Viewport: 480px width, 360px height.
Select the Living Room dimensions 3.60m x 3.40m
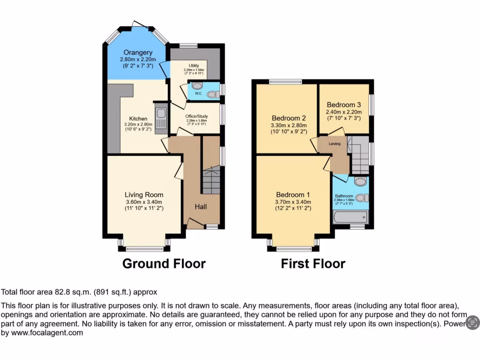[x=144, y=202]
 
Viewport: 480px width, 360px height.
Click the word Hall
[x=201, y=207]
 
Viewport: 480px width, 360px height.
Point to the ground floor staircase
[x=210, y=180]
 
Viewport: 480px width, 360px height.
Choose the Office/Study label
[x=196, y=116]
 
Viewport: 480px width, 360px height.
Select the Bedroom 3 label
[x=344, y=105]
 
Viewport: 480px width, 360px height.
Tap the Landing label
[x=335, y=144]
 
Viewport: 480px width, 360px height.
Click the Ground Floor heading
[x=164, y=263]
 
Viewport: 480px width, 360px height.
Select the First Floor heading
[x=313, y=263]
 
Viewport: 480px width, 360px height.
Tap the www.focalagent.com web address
[x=46, y=333]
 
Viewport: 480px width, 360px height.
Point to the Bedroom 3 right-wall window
[x=372, y=105]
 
